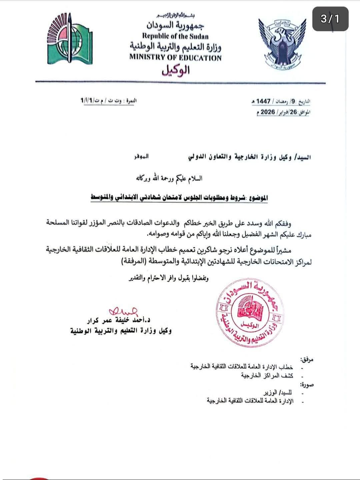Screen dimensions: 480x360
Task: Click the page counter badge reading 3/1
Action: tap(330, 19)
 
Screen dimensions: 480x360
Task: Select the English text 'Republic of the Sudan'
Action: tap(175, 36)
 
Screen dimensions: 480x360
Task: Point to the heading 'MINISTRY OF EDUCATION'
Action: tap(175, 58)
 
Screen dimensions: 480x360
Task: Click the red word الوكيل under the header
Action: tap(176, 70)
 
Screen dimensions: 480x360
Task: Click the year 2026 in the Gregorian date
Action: tap(267, 112)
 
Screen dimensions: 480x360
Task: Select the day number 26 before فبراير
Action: tap(293, 112)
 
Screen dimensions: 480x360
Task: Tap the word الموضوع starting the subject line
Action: tap(258, 198)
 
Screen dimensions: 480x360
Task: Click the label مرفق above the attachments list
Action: tap(307, 359)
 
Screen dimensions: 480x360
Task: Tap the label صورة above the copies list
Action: tap(307, 385)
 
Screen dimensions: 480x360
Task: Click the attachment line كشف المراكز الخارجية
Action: tap(267, 375)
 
